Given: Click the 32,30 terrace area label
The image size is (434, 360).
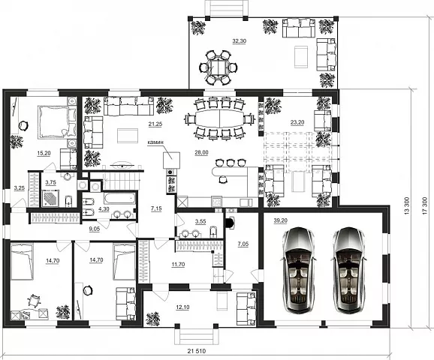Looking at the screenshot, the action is click(x=239, y=41).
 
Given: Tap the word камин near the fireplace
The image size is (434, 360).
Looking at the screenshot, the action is click(x=155, y=142).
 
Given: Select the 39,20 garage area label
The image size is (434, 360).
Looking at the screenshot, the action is click(x=280, y=220).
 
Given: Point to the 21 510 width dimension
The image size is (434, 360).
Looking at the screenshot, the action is click(x=197, y=351).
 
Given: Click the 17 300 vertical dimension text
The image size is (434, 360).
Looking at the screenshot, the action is click(x=426, y=205).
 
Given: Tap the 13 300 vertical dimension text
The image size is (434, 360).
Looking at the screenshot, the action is click(x=406, y=205).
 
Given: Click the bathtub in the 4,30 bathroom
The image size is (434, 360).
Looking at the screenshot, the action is click(x=119, y=198).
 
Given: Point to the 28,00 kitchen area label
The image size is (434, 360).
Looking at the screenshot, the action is click(x=201, y=153).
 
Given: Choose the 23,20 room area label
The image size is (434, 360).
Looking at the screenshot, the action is click(x=297, y=122).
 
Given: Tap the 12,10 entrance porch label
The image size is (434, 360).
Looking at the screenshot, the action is click(x=182, y=307).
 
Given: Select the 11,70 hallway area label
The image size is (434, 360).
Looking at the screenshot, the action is click(x=178, y=264).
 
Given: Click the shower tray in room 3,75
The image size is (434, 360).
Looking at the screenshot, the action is click(x=50, y=198).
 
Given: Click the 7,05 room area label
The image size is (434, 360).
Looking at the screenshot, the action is click(x=243, y=244).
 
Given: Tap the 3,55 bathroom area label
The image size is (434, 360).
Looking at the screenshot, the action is click(x=200, y=221).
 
